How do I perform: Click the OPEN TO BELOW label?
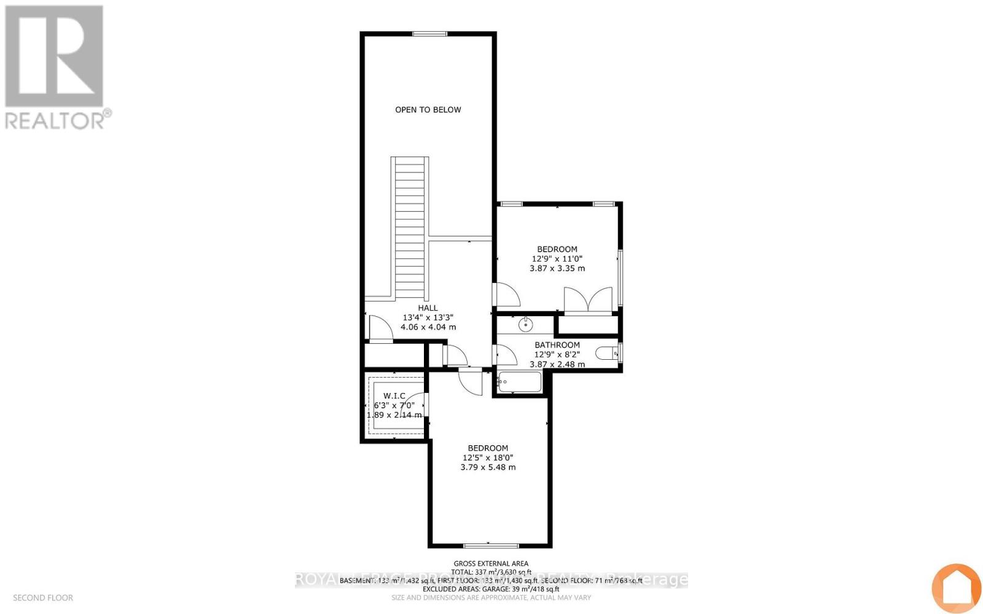[x=428, y=110]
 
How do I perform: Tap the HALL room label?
[x=428, y=308]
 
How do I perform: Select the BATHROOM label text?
[x=557, y=345]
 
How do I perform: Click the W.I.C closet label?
[x=394, y=396]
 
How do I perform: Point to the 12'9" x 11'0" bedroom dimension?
[x=557, y=259]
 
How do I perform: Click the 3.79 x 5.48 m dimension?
[x=488, y=467]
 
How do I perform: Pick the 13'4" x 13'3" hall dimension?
[x=428, y=318]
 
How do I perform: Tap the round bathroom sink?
[x=526, y=324]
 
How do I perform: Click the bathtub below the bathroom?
[x=520, y=382]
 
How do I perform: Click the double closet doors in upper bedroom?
[x=589, y=300]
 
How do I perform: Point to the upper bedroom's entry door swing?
[x=506, y=295]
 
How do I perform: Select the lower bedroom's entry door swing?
[x=472, y=382]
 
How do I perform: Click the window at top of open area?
[x=429, y=34]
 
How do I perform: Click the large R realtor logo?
[x=54, y=56]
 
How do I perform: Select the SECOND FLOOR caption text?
[x=43, y=597]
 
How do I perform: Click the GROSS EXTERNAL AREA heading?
[x=490, y=564]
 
